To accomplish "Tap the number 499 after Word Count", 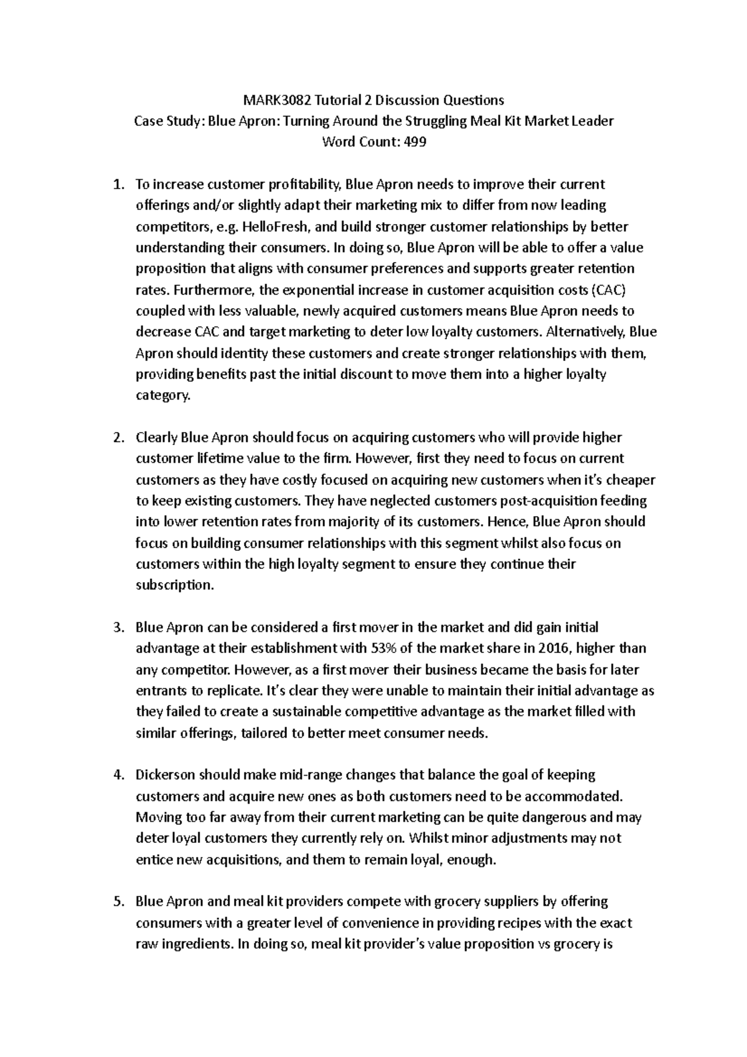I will tap(415, 142).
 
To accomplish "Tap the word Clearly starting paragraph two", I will tap(156, 438).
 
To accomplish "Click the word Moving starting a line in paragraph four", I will tap(156, 817).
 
